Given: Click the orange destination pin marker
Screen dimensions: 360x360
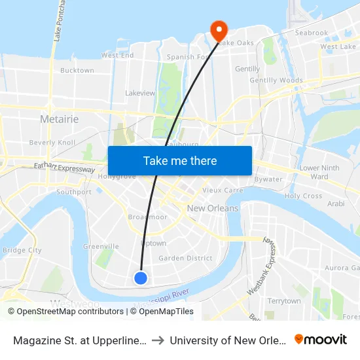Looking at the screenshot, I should pos(217,29).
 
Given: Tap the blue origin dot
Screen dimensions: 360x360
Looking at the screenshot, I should pos(141,278).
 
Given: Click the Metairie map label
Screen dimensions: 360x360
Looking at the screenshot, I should pos(59,119).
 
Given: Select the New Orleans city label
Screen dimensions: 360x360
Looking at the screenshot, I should pos(213,208).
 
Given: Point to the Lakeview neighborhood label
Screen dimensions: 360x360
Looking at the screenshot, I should pos(140,93).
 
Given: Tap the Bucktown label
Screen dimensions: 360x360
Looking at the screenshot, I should pos(77,70).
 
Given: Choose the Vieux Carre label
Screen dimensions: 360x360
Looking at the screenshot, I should pos(223,190).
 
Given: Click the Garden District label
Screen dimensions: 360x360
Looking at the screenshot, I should pos(185,258).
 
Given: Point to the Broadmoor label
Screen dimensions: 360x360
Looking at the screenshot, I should pos(148,217).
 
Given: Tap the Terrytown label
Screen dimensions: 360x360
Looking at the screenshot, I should pos(283,301).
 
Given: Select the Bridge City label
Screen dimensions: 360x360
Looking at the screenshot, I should pos(22,250).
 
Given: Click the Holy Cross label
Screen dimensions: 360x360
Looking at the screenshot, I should pos(303,196).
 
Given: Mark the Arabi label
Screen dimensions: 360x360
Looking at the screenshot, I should pos(336,204).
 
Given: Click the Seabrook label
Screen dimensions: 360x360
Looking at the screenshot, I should pos(311,33).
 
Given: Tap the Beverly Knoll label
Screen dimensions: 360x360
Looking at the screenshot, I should pos(52,142).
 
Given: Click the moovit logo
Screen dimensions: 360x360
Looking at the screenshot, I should pos(320,339).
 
